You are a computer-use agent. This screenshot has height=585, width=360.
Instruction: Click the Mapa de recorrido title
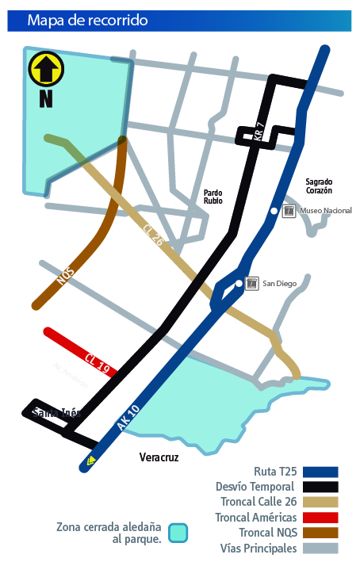87,21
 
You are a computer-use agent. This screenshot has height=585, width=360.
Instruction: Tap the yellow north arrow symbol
45,69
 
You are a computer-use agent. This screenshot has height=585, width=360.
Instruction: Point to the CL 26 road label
153,235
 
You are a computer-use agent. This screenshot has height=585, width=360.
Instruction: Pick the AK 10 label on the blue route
128,417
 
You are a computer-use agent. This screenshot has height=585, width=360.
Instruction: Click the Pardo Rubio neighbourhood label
213,197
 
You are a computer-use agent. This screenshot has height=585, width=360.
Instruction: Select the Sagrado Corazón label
319,186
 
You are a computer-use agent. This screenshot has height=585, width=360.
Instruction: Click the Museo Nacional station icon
289,211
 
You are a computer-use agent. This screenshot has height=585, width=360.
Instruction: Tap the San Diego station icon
252,284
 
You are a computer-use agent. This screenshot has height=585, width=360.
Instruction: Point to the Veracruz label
159,457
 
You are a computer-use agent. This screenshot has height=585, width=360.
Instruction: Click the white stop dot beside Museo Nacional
274,211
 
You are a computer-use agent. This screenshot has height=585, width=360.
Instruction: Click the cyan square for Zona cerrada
178,533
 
